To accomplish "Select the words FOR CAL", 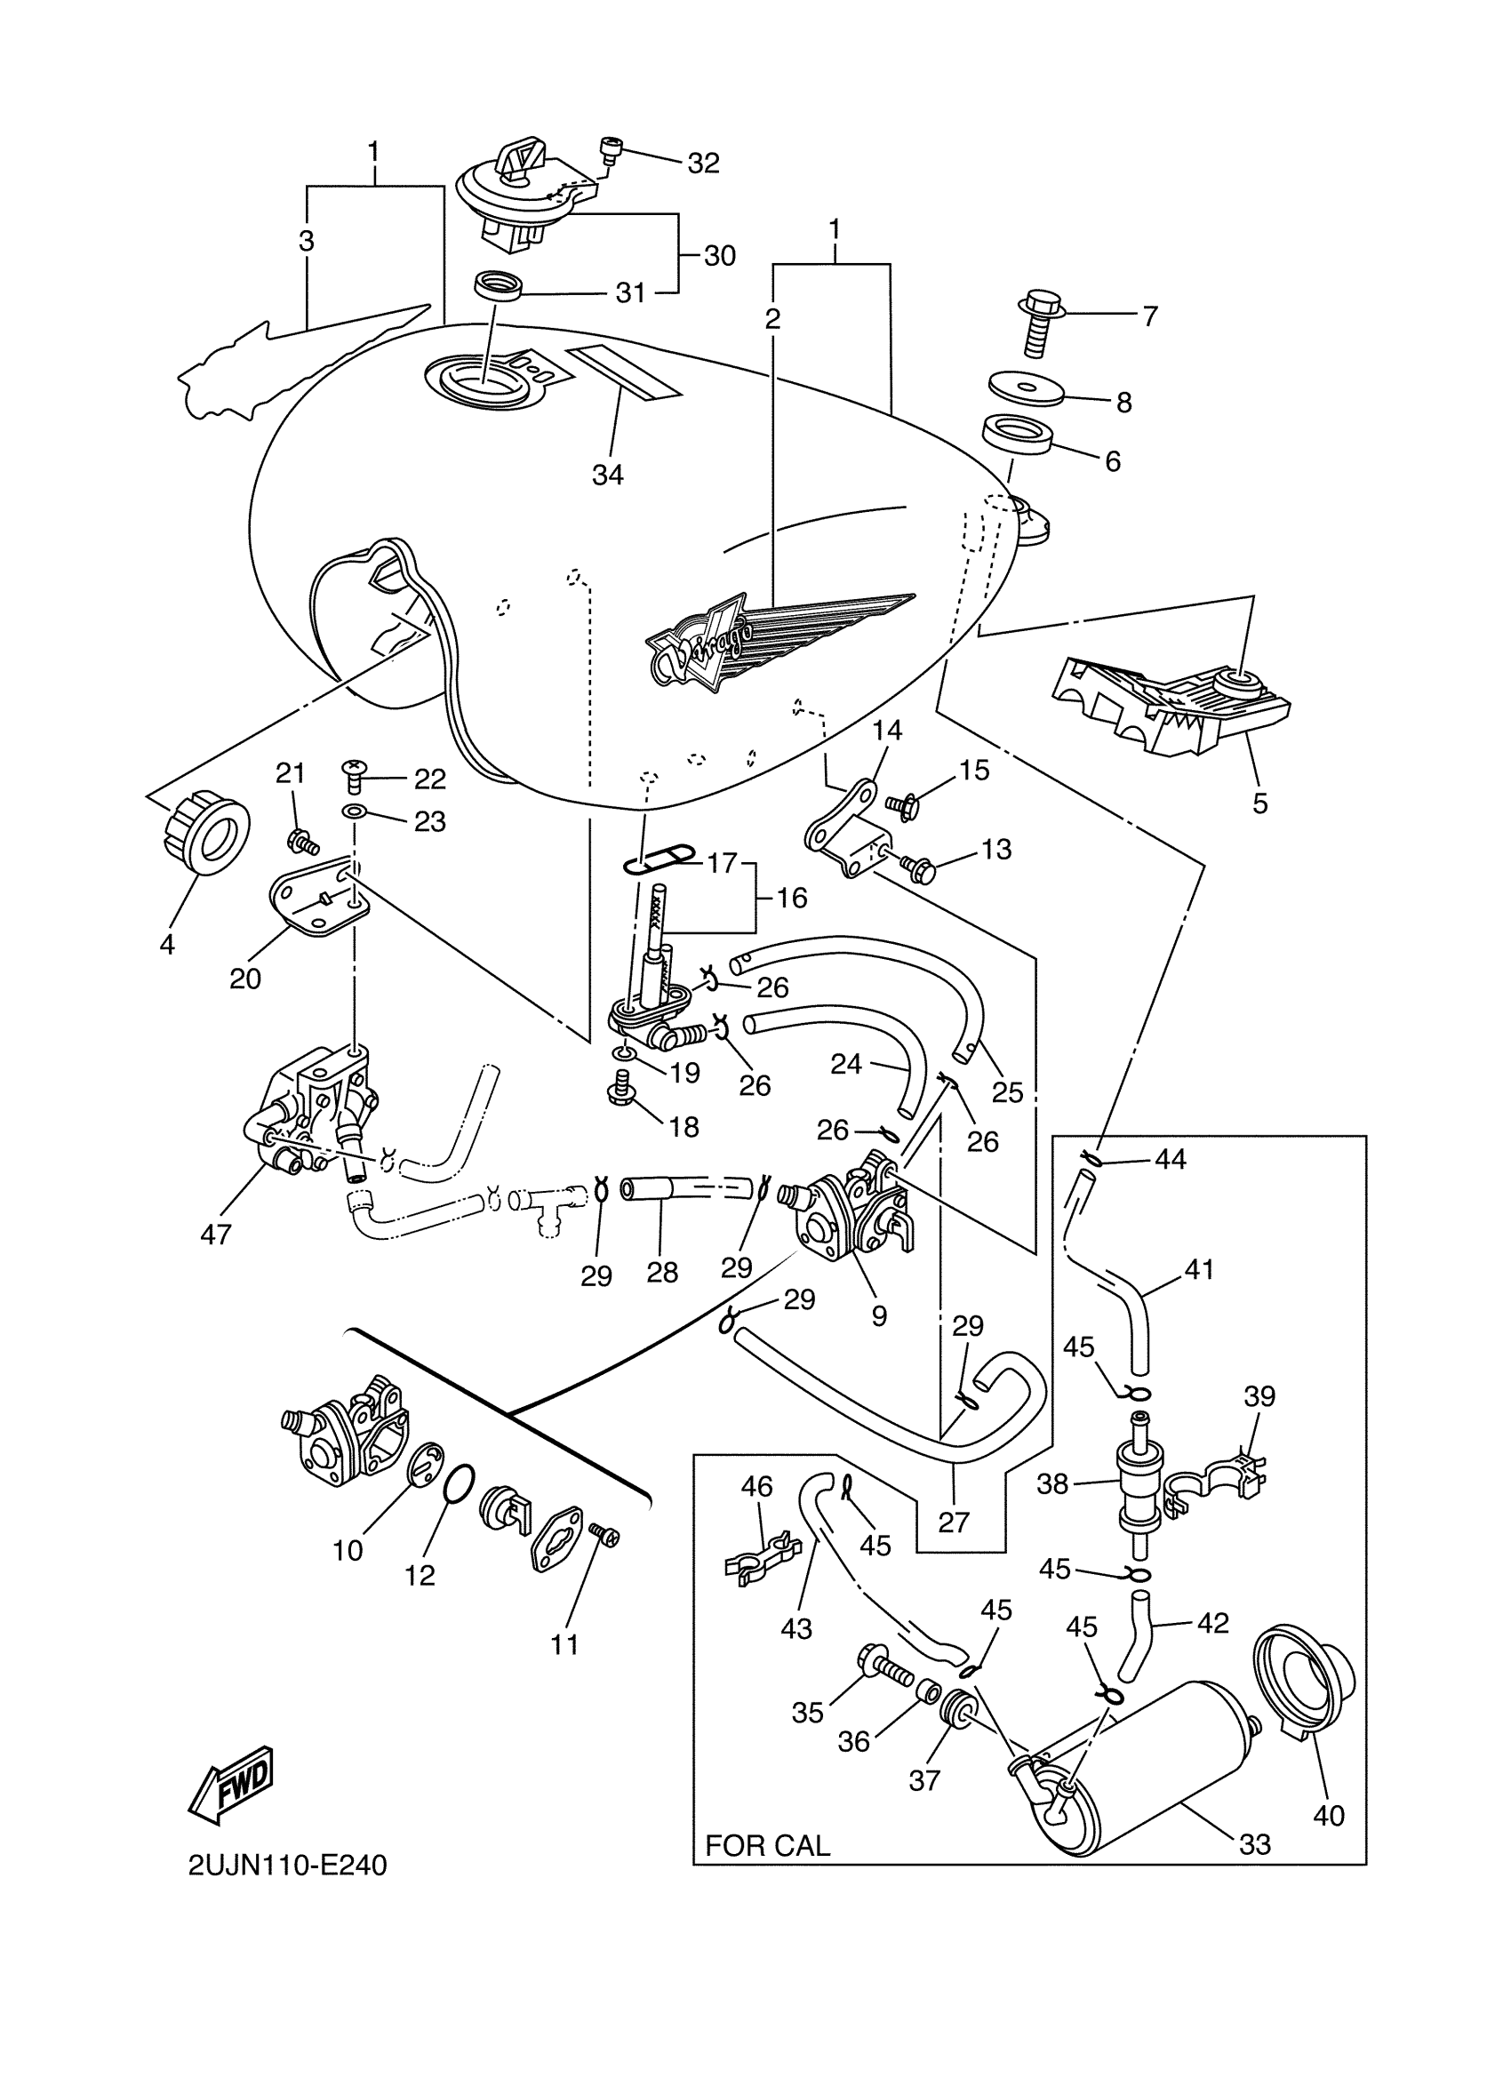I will pos(767,1845).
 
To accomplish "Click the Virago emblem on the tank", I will pos(781,636).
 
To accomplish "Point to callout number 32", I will pos(704,163).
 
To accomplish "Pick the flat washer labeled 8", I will pos(1026,386).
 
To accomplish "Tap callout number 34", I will pos(608,475).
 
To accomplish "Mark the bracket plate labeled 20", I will pos(318,899).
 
